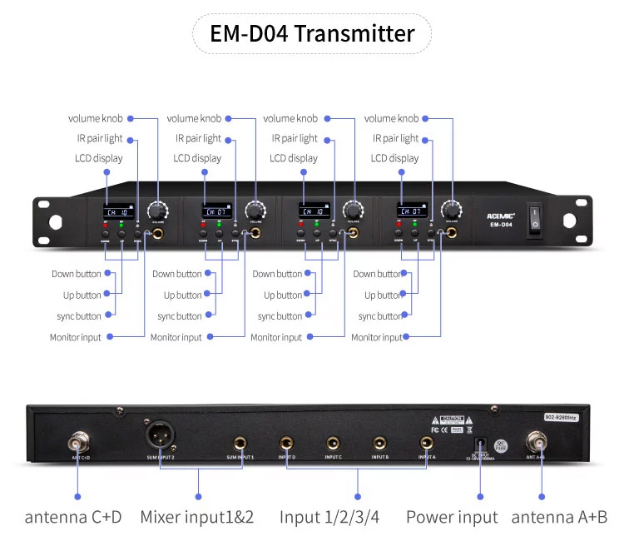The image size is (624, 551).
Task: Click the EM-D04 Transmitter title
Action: coord(312,34)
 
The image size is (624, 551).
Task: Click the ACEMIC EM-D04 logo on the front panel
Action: coord(500,218)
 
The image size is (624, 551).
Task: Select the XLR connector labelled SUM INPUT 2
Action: coord(159,435)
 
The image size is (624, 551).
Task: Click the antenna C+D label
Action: coord(73,517)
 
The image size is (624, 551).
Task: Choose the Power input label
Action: coord(452,517)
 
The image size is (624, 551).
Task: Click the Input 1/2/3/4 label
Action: coord(329,517)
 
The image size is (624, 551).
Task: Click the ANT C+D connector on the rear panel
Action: coord(80,438)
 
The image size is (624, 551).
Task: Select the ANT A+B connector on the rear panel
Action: coord(536,439)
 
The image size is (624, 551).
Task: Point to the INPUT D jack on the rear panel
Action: coord(287,443)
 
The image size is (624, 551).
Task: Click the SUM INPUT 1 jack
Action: coord(240,443)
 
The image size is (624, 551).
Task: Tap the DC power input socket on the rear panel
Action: coord(478,444)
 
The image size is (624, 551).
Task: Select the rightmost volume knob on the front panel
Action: coord(452,209)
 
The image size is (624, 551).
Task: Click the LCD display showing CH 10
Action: coord(115,211)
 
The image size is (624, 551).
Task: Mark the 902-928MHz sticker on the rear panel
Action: coord(561,417)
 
